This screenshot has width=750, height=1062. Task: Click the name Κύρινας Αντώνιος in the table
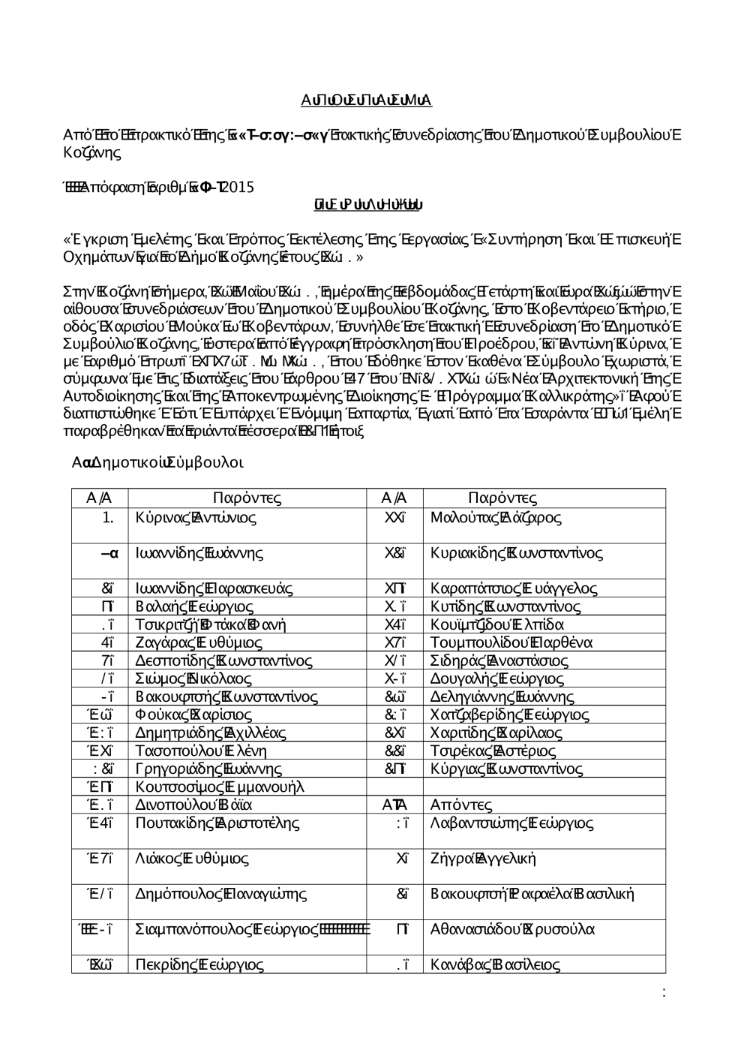[196, 518]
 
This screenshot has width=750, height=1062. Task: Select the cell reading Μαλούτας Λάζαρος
[496, 518]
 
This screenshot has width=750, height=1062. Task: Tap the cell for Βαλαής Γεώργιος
[194, 606]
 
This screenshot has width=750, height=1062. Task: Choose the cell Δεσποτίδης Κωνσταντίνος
[223, 660]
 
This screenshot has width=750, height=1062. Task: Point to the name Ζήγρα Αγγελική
[484, 859]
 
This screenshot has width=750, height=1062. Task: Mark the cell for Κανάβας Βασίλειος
[496, 965]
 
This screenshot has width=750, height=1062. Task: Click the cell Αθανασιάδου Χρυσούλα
[513, 929]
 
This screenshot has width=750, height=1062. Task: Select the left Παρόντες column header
[247, 498]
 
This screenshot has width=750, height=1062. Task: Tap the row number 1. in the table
[109, 518]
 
